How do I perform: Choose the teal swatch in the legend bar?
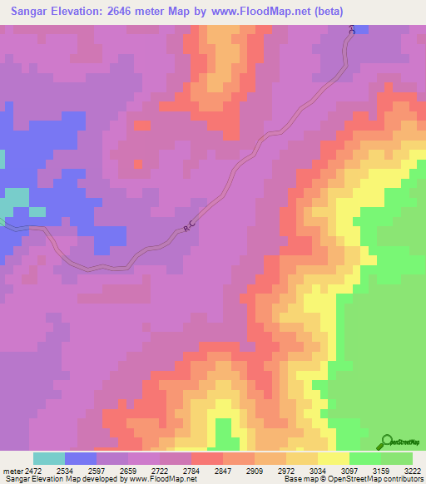pyautogui.click(x=48, y=458)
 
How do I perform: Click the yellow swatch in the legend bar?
pyautogui.click(x=333, y=458)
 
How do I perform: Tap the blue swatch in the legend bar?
pyautogui.click(x=81, y=458)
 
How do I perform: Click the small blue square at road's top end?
pyautogui.click(x=363, y=29)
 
